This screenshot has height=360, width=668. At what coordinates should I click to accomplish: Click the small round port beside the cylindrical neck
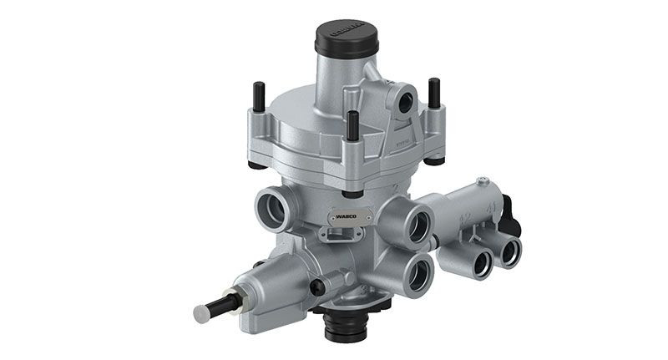click(x=408, y=103)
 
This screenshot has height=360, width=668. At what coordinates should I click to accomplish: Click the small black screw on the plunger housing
click(x=316, y=287)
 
